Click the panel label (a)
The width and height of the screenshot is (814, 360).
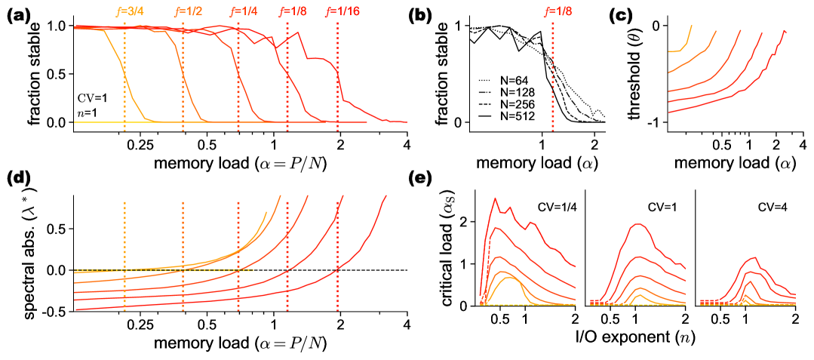point(17,14)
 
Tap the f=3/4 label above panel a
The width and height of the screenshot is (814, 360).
point(126,11)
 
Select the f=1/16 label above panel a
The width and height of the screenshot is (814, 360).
point(338,11)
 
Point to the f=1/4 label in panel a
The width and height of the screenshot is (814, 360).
point(240,11)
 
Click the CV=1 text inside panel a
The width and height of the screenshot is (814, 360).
point(94,97)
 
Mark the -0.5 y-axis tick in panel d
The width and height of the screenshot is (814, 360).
point(54,310)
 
